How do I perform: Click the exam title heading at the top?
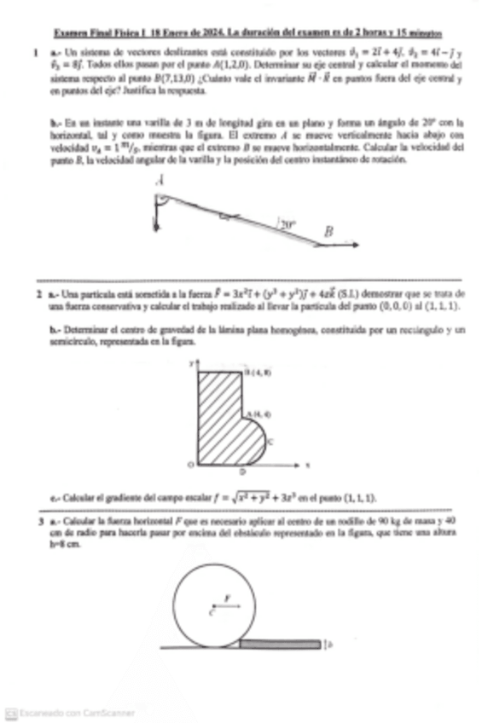tap(247, 34)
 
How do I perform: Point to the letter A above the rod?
tap(160, 181)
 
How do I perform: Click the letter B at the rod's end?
tap(328, 230)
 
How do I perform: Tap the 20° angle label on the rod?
tap(286, 225)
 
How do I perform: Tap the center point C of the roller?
tap(211, 611)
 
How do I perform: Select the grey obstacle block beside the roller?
tap(279, 644)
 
